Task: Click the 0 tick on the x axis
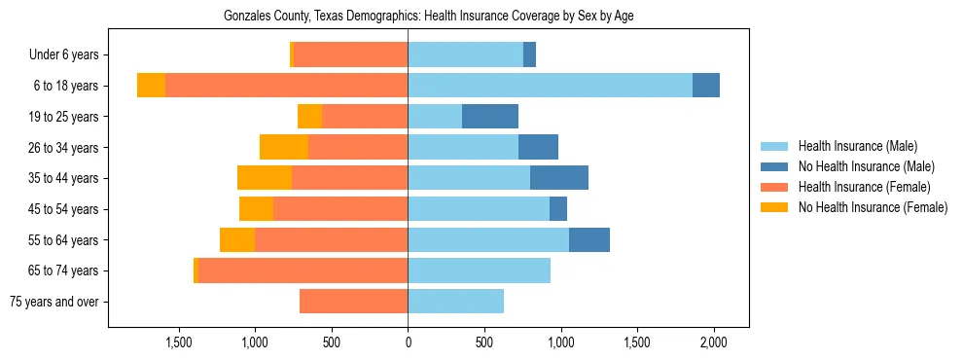(408, 342)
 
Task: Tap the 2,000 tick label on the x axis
(714, 342)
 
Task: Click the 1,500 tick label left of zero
(178, 342)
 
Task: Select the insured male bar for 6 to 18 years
(550, 86)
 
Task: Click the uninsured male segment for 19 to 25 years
(490, 117)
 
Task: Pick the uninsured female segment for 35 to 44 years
(265, 178)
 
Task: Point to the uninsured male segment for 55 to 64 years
(589, 239)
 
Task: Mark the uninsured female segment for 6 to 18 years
(151, 86)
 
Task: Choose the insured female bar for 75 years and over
(353, 302)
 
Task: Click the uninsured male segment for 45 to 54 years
(558, 209)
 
